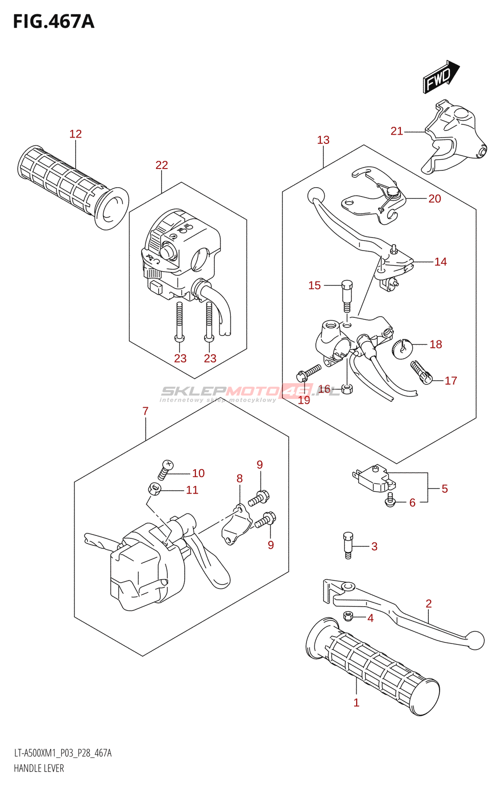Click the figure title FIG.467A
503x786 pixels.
point(54,22)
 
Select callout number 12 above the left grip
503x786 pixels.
point(75,134)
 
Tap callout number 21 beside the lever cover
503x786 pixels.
point(396,131)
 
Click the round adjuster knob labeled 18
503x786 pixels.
point(402,346)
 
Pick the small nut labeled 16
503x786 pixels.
point(347,389)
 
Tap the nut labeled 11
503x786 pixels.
point(155,489)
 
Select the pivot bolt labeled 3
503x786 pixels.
point(348,544)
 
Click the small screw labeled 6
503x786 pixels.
point(391,500)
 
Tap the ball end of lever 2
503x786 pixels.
point(475,640)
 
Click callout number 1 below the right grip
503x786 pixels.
point(356,702)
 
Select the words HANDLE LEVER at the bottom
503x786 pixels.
point(39,768)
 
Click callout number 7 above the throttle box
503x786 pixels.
point(145,411)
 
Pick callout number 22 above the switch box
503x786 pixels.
point(162,165)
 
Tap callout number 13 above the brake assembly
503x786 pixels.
point(323,140)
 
